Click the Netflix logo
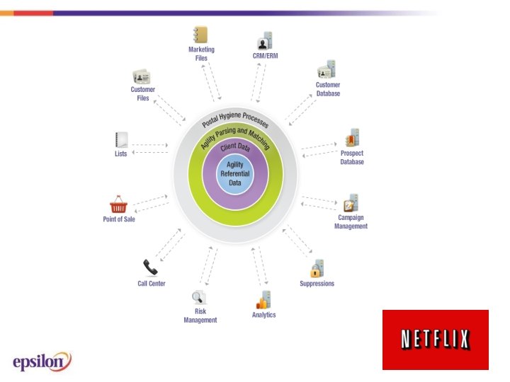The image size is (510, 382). pos(435,340)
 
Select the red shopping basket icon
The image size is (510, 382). pos(118,205)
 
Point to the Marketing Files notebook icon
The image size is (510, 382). pos(200,35)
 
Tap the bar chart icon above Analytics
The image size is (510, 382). pos(263,299)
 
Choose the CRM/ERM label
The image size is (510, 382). pos(265,55)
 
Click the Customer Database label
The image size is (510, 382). pos(328,89)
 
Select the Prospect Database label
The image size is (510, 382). pos(352,158)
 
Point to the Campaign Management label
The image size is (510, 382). pos(352,222)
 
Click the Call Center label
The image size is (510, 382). pos(152,284)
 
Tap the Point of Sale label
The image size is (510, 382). pos(119,219)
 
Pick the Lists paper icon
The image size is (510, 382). pos(121,139)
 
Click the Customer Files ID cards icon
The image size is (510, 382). pos(142,76)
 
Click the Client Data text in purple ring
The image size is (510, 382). pos(234,148)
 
